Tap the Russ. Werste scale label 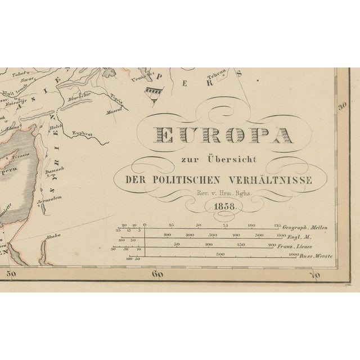pyautogui.click(x=314, y=255)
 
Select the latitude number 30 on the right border pyautogui.click(x=341, y=106)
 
